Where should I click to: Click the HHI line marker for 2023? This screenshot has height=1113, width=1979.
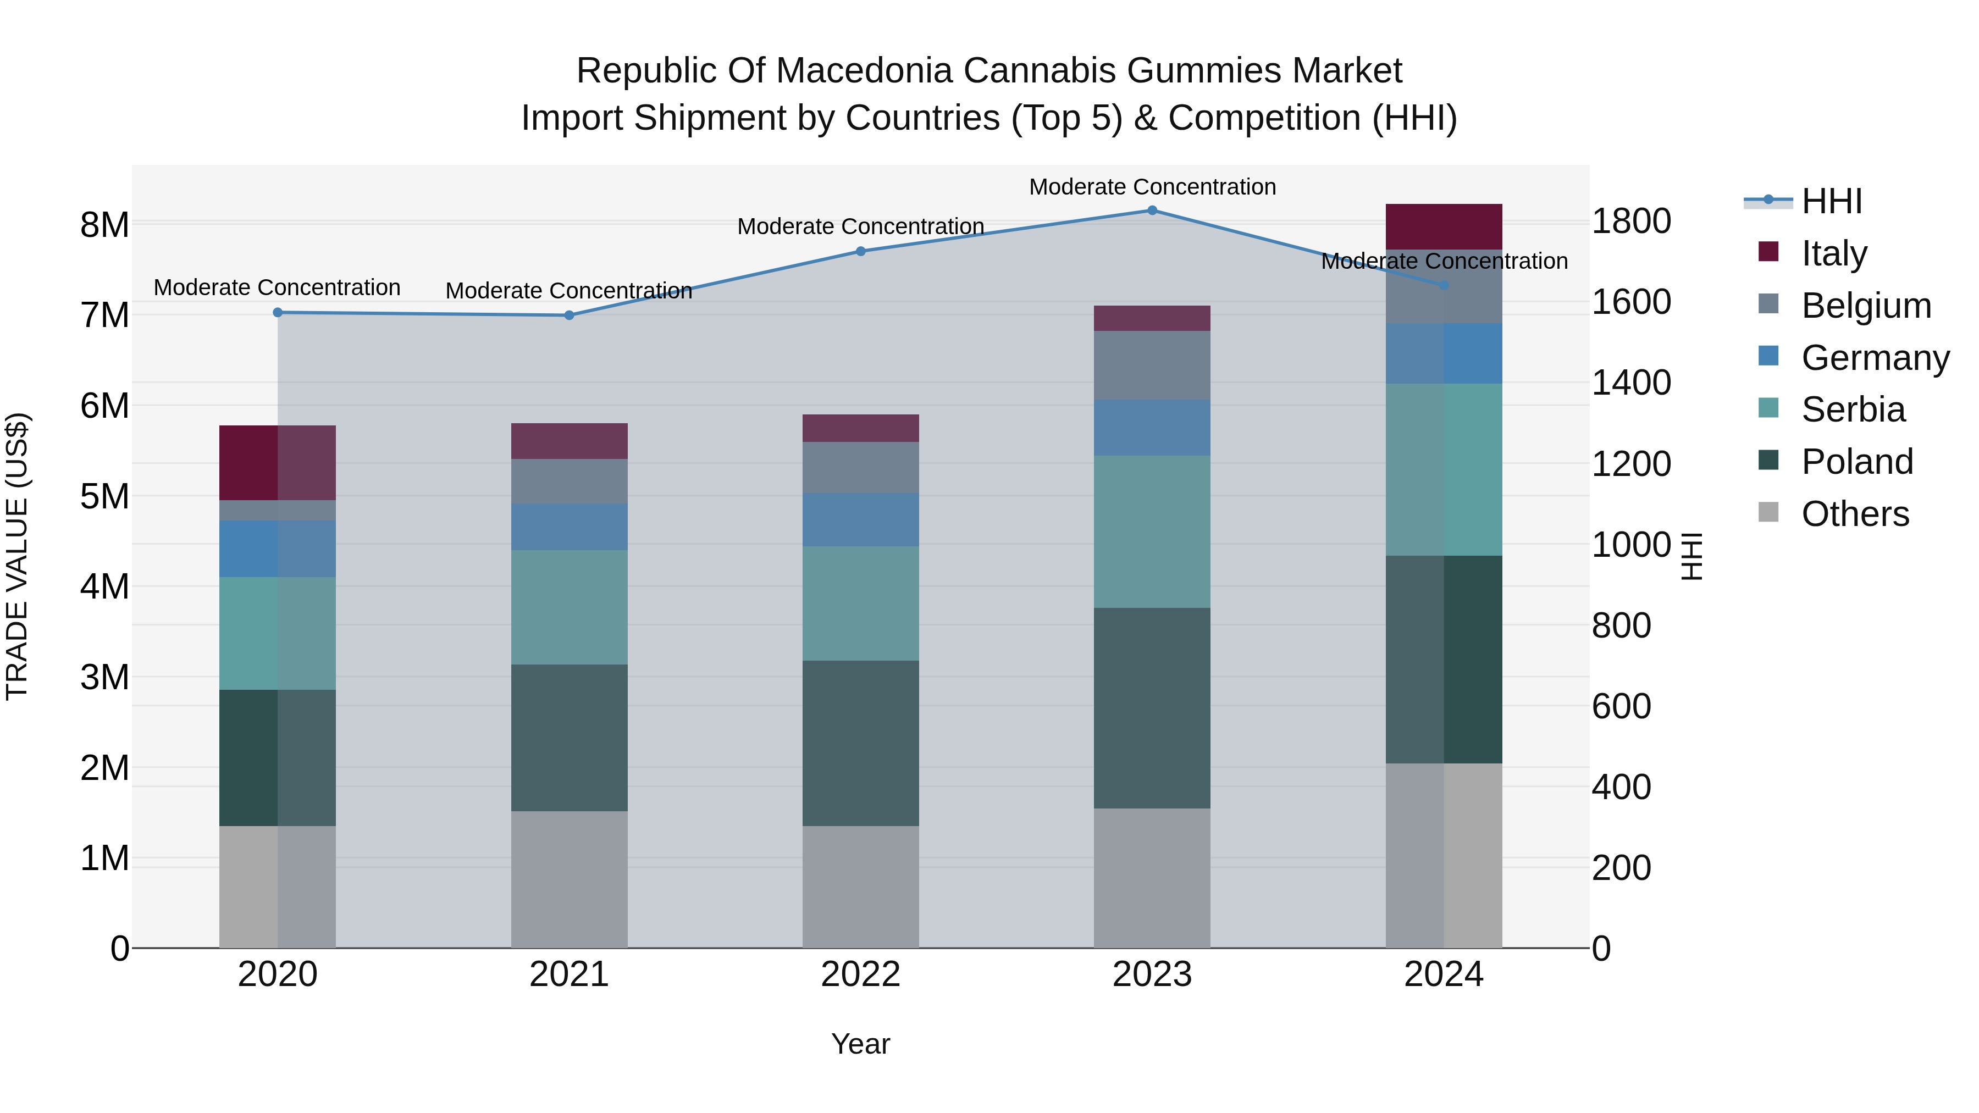(x=1152, y=211)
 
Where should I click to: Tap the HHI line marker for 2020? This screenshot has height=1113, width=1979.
(x=278, y=313)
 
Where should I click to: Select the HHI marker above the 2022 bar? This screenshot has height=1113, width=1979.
(x=860, y=251)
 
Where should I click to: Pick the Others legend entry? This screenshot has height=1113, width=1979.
(x=1855, y=514)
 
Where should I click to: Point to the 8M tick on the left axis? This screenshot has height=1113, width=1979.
(x=104, y=225)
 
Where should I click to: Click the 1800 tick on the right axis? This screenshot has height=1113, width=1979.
(x=1631, y=221)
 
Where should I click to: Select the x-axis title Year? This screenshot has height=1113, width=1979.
(x=860, y=1044)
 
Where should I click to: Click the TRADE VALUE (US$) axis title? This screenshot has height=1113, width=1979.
(x=17, y=556)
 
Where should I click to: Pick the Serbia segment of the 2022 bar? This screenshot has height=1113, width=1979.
(x=860, y=603)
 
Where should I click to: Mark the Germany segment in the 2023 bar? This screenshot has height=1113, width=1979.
(x=1152, y=427)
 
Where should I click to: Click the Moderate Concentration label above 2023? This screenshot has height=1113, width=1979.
(x=1152, y=187)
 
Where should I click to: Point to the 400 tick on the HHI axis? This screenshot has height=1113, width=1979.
(x=1621, y=787)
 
